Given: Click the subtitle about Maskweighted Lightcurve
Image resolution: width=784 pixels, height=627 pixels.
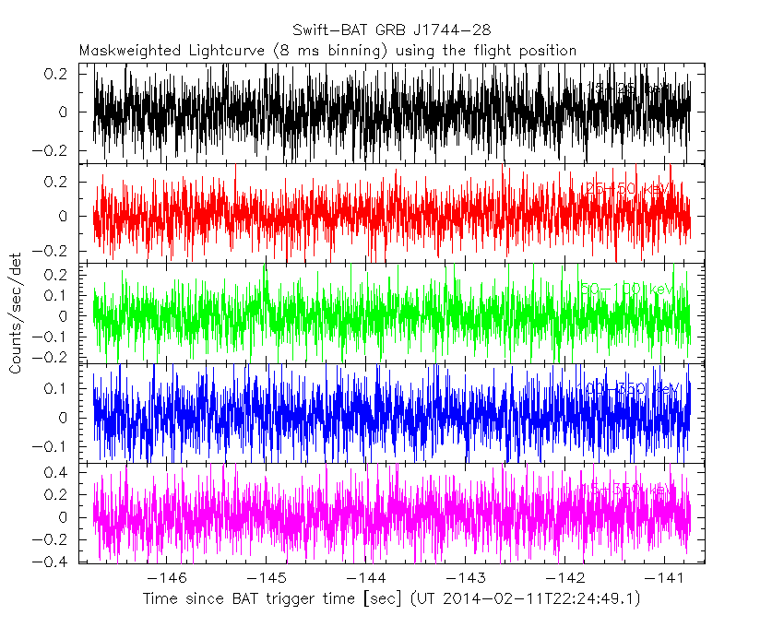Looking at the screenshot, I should [x=328, y=51].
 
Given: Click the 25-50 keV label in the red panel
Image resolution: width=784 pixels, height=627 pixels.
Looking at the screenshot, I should [x=626, y=189].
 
